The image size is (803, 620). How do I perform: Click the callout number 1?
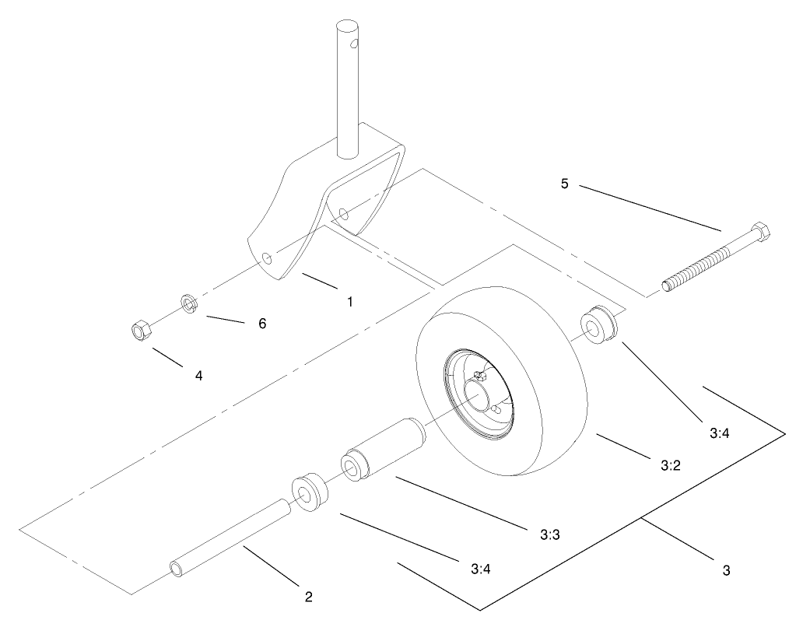pos(349,301)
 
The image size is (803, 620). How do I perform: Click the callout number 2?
pos(309,597)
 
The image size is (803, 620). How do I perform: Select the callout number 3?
pos(726,570)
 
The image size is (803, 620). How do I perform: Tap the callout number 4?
pos(199,375)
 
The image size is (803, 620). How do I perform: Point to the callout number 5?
pos(565,184)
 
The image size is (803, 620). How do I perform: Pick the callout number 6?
pos(262,323)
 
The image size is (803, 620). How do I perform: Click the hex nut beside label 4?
pos(140,332)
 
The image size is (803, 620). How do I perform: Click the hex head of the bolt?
pos(761,232)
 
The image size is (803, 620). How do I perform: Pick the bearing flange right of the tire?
pos(601,326)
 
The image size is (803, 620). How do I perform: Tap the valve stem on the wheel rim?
pos(479,375)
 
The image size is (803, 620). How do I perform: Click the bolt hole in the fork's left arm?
pos(268,257)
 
